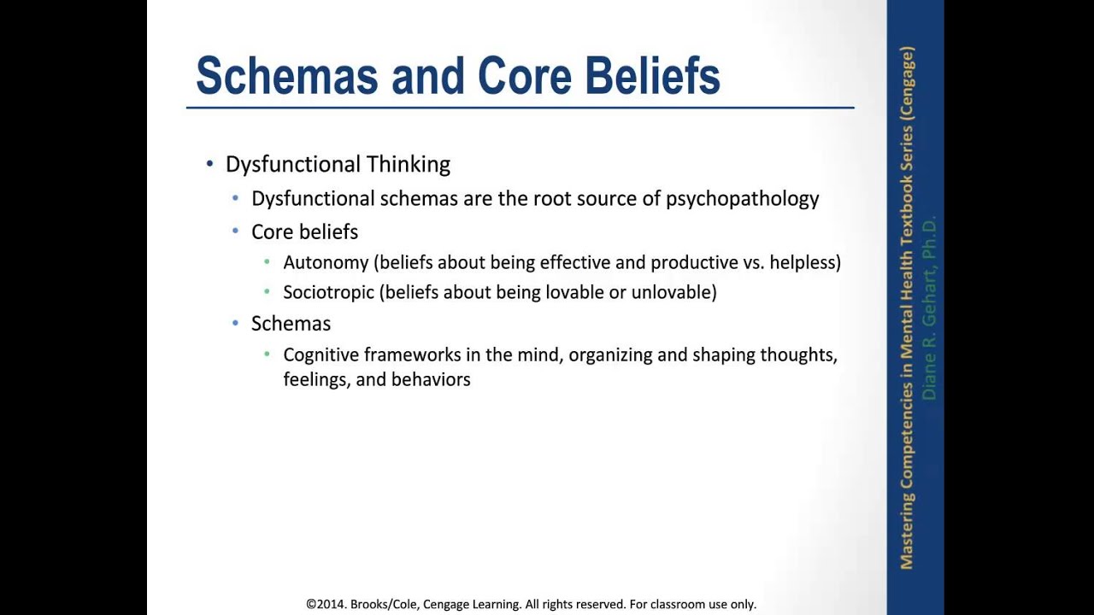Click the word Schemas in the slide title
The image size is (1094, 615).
pos(286,76)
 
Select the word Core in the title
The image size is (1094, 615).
pos(524,76)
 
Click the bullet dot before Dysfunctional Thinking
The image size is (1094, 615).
pos(210,164)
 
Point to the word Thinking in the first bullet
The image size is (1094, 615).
pos(408,164)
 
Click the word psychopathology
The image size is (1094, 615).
pos(742,199)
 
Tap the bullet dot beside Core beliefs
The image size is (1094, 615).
pos(236,231)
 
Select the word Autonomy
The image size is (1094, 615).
pos(326,263)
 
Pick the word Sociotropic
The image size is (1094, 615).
pos(328,292)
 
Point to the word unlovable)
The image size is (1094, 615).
pos(673,292)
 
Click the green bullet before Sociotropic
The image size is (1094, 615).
pos(268,292)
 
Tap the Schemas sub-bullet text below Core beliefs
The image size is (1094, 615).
pos(291,324)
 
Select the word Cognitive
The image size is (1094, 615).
pos(321,354)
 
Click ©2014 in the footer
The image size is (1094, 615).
pos(326,604)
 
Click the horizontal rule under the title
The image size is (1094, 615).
pos(520,108)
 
